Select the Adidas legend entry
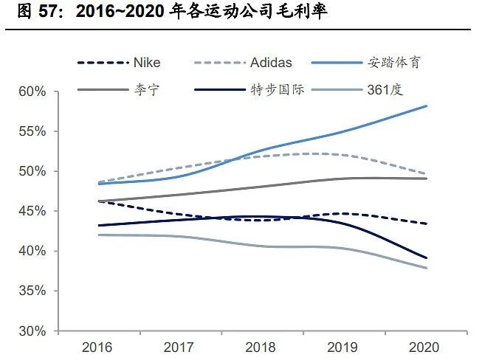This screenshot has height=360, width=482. coord(271,62)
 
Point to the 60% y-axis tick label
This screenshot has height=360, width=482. coord(32,92)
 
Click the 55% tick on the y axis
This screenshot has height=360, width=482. coord(32,132)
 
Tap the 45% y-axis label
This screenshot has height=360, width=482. coord(32,212)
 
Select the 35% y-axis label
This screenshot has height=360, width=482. coord(32,291)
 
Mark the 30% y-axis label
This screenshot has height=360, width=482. coord(32,331)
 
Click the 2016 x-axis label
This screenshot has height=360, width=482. coord(97,347)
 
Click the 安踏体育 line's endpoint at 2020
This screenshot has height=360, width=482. coord(427,106)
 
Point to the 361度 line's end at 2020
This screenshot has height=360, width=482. coord(427,268)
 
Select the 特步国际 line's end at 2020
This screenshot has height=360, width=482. coord(427,258)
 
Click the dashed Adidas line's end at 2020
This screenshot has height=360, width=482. coord(427,174)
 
